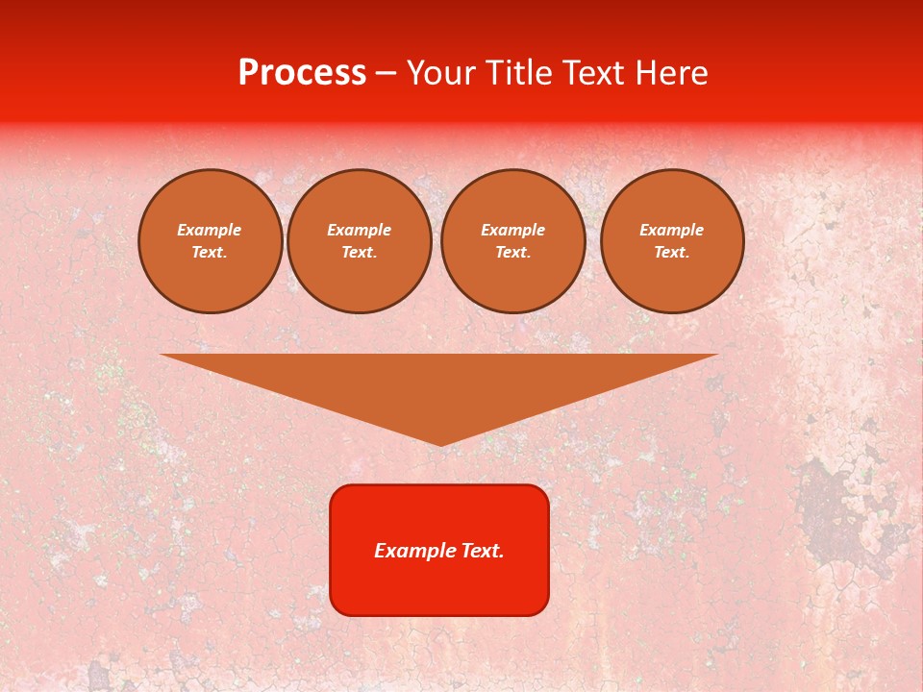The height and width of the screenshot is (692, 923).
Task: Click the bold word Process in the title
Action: coord(302,73)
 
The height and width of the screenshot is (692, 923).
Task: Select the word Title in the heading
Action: coord(523,73)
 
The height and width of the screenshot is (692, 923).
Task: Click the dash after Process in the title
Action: coord(386,74)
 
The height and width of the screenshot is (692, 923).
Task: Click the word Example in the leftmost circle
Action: coord(210,230)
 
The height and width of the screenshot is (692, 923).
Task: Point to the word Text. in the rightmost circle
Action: coord(671,253)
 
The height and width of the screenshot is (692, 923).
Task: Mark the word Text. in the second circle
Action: coord(359,253)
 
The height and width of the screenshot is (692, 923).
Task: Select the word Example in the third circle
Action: coord(512,230)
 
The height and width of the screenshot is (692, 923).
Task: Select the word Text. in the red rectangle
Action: coord(483,551)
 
